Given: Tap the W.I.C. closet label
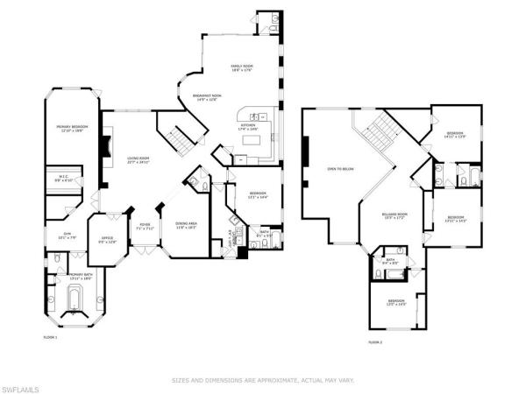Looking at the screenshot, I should (x=64, y=178).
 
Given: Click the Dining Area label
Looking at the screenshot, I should (x=186, y=226).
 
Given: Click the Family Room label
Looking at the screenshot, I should (x=241, y=68).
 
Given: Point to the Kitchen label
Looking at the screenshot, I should (x=248, y=129).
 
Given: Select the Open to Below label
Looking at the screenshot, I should (x=339, y=168).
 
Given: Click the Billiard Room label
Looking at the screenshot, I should (x=394, y=215).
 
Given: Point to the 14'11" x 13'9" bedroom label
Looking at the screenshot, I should (x=454, y=136).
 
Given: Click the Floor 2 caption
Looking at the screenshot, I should (x=375, y=341).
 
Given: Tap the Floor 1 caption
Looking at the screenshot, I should (x=51, y=336).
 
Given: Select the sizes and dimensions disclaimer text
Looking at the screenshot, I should (x=263, y=380).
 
